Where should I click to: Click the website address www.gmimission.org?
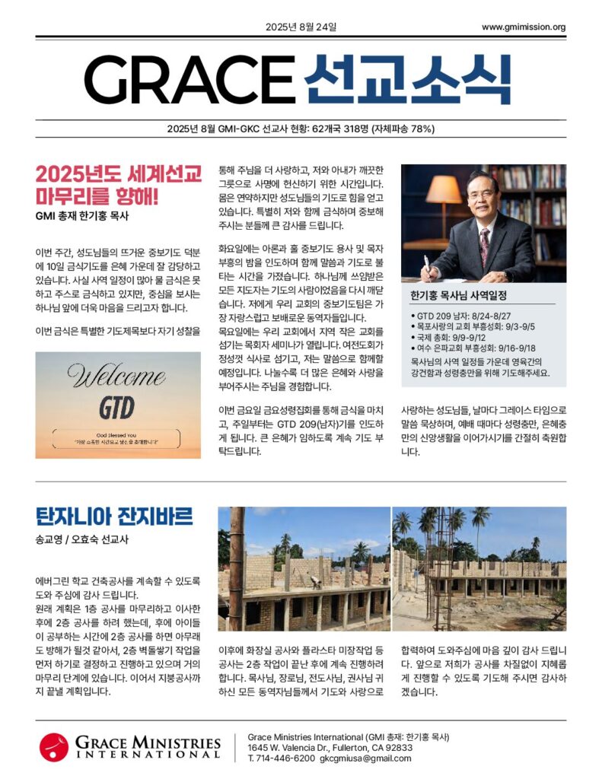pos(524,27)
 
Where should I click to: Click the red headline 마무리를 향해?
pos(97,197)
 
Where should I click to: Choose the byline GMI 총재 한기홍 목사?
pos(82,216)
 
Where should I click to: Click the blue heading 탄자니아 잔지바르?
pos(114,517)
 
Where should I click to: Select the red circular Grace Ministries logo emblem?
pos(55,746)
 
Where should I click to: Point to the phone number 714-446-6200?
pos(285,758)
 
